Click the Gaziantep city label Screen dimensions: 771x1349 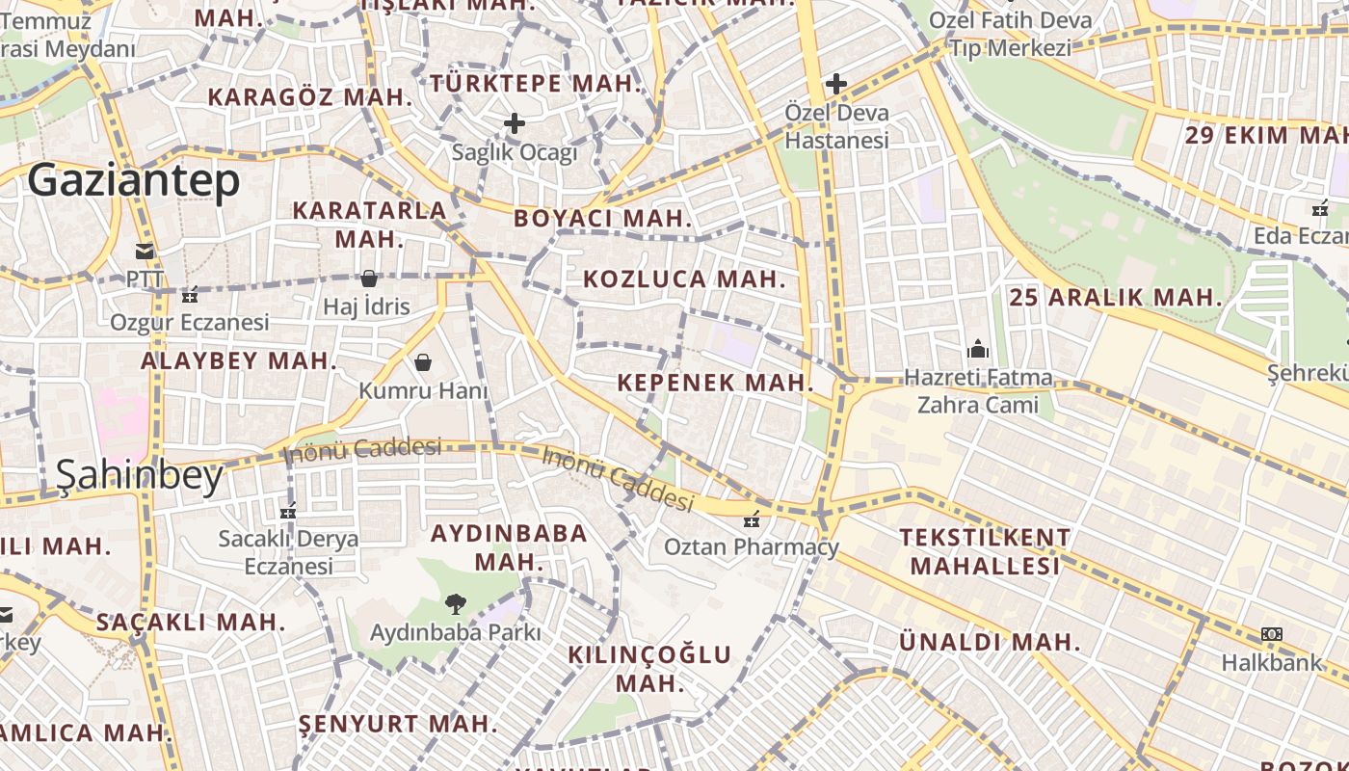pyautogui.click(x=133, y=181)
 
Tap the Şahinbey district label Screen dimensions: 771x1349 pyautogui.click(x=140, y=475)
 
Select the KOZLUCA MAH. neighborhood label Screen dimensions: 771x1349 pyautogui.click(x=684, y=279)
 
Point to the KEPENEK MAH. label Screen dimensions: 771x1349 pyautogui.click(x=716, y=383)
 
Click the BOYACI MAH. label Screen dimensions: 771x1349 pyautogui.click(x=603, y=218)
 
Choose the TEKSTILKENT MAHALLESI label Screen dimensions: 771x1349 pyautogui.click(x=985, y=551)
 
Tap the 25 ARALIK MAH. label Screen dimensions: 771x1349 pyautogui.click(x=1116, y=298)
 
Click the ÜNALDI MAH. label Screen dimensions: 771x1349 pyautogui.click(x=991, y=642)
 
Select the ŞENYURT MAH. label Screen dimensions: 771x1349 pyautogui.click(x=398, y=723)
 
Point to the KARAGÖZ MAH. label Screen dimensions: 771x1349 pyautogui.click(x=310, y=97)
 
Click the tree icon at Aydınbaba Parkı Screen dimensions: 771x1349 pyautogui.click(x=455, y=604)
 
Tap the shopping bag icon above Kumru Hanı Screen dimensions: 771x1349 pyautogui.click(x=422, y=362)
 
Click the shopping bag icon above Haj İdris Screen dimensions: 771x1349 pyautogui.click(x=368, y=279)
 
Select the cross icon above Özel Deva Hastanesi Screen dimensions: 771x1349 pyautogui.click(x=835, y=84)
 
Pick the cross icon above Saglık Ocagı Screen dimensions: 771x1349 pyautogui.click(x=515, y=123)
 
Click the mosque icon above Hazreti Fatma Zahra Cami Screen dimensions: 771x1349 pyautogui.click(x=978, y=348)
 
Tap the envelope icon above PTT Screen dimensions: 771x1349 pyautogui.click(x=145, y=252)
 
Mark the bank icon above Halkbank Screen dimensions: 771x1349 pyautogui.click(x=1272, y=634)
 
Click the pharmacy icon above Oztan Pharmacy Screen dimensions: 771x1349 pyautogui.click(x=752, y=519)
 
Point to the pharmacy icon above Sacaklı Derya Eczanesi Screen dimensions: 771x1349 pyautogui.click(x=287, y=511)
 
